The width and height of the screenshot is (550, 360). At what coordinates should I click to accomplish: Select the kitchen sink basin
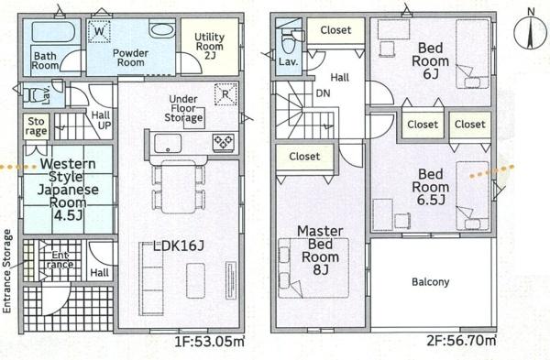pos(170,143)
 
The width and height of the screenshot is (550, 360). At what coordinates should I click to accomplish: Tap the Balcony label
pos(430,281)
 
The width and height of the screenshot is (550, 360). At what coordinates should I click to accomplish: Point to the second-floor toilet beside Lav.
pos(289,40)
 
